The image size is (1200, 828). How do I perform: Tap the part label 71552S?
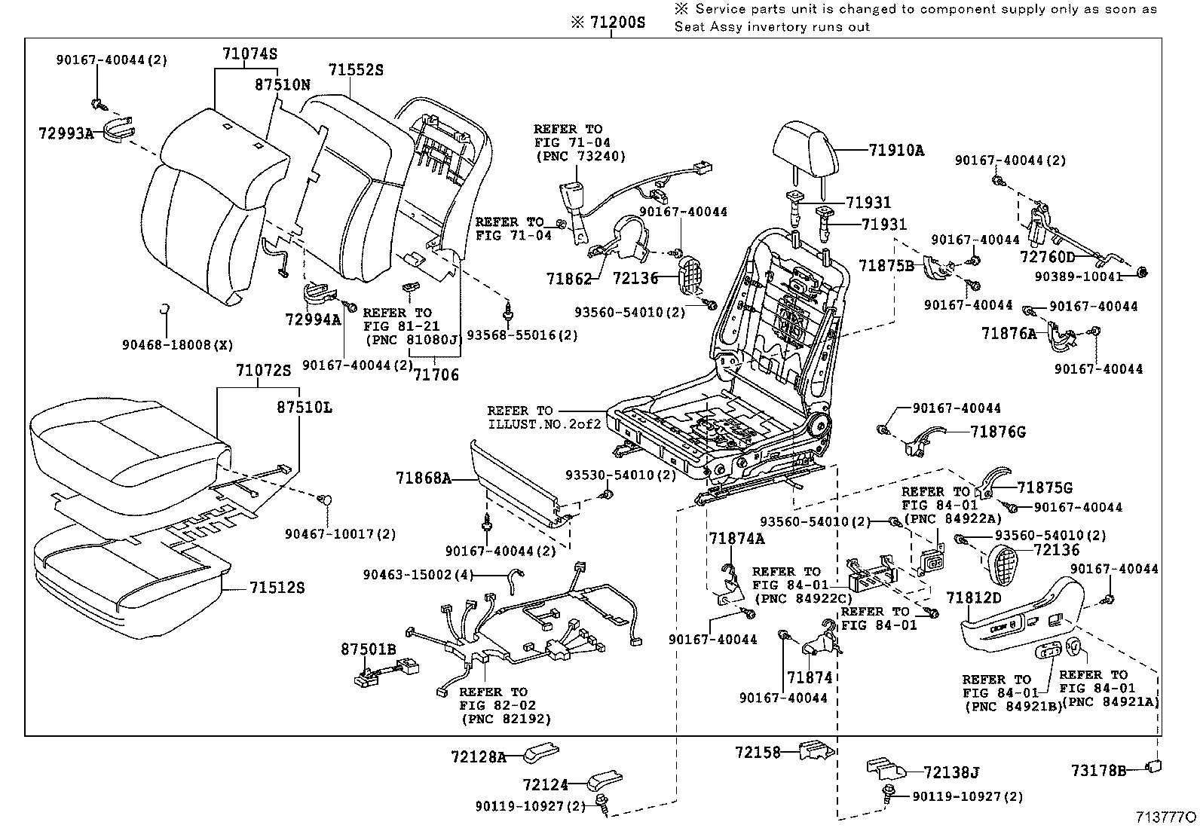(356, 70)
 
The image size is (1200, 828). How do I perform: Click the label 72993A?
(66, 134)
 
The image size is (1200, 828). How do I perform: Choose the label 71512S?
(277, 587)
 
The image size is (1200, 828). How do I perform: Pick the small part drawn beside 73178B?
(1153, 767)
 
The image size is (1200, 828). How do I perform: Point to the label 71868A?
(423, 478)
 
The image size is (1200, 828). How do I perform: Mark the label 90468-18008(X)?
(177, 345)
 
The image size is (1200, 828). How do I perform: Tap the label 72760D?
(1048, 257)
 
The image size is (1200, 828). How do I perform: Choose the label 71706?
(436, 374)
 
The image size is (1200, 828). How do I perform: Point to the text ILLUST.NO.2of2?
(544, 424)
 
